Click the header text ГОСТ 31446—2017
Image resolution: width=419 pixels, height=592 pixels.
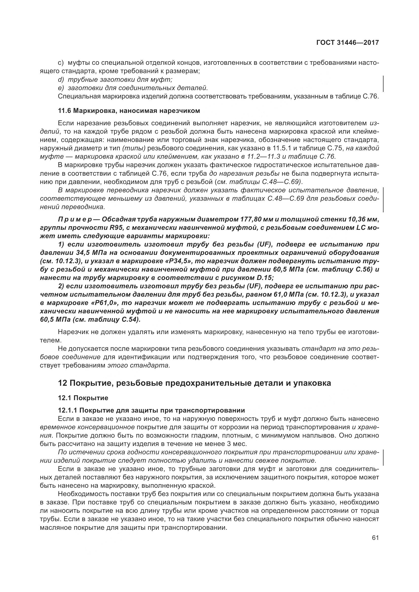click(x=347, y=43)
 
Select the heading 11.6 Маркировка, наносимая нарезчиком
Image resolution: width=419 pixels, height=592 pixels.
click(x=129, y=111)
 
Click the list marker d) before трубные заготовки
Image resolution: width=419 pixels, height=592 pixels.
click(x=61, y=80)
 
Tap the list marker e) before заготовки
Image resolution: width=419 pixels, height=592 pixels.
click(x=61, y=88)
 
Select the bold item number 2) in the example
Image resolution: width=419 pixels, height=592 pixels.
click(x=61, y=286)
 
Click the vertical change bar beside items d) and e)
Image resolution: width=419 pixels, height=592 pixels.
click(x=383, y=84)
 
